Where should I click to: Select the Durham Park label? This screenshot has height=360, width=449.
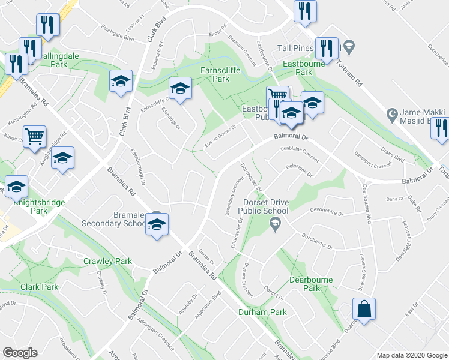click(x=262, y=312)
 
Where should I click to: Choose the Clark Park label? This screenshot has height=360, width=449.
click(x=40, y=287)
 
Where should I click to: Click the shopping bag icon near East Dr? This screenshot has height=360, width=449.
click(x=364, y=310)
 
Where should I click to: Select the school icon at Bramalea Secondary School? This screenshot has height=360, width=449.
click(x=157, y=224)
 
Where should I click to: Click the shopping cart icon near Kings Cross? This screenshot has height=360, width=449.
click(x=35, y=136)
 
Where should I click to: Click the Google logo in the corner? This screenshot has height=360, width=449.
click(x=20, y=353)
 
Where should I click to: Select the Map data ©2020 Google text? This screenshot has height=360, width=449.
click(x=412, y=355)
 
